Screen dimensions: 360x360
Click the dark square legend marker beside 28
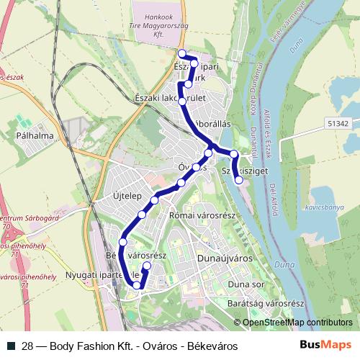click(x=10, y=346)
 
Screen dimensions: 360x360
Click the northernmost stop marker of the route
click(x=182, y=53)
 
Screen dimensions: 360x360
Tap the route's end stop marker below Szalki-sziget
click(x=239, y=180)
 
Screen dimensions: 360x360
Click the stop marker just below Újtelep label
click(x=154, y=199)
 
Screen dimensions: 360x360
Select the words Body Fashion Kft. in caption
click(x=91, y=346)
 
